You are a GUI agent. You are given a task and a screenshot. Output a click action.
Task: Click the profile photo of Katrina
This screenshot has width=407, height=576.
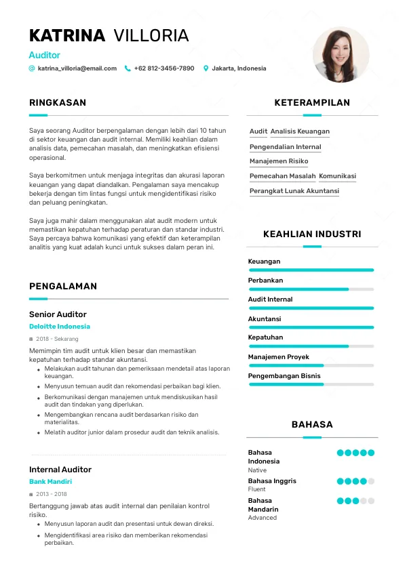[341, 55]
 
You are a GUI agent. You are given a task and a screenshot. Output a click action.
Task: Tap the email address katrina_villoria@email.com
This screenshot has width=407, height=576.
[77, 68]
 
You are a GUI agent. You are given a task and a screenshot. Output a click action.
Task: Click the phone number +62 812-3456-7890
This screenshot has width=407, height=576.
[163, 68]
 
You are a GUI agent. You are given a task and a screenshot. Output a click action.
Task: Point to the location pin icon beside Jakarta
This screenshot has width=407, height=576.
[206, 68]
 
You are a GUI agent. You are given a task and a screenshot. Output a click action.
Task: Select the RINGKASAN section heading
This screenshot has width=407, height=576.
[58, 103]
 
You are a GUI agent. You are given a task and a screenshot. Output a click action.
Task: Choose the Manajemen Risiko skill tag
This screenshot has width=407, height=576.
[279, 161]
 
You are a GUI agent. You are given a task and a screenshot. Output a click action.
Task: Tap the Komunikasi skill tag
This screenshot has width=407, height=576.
[337, 176]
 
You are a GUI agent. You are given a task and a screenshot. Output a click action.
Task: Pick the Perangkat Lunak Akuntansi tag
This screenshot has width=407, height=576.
[294, 191]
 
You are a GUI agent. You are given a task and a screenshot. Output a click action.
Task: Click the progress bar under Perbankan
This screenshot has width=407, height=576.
[311, 289]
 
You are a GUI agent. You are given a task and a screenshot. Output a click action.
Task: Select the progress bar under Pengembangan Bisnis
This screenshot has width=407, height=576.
[311, 384]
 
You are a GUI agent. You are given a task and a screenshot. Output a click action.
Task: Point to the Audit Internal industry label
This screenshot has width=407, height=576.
[270, 300]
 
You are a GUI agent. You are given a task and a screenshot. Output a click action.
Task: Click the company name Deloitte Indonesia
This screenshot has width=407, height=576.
[60, 327]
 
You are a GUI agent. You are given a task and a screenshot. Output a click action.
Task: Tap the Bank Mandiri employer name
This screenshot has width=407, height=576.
[50, 482]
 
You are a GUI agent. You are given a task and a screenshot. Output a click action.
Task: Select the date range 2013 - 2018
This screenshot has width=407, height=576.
[52, 494]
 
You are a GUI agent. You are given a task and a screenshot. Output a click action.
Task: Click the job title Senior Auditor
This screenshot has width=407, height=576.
[58, 314]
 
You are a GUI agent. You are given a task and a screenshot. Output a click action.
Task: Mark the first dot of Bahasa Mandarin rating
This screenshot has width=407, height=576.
[341, 501]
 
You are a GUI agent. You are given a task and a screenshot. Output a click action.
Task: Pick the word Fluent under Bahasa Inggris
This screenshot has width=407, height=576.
[257, 489]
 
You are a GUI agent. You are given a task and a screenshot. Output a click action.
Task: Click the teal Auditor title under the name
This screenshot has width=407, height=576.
[45, 55]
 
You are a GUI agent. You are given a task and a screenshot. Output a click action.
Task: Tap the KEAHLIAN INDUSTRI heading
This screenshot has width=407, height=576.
[312, 234]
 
